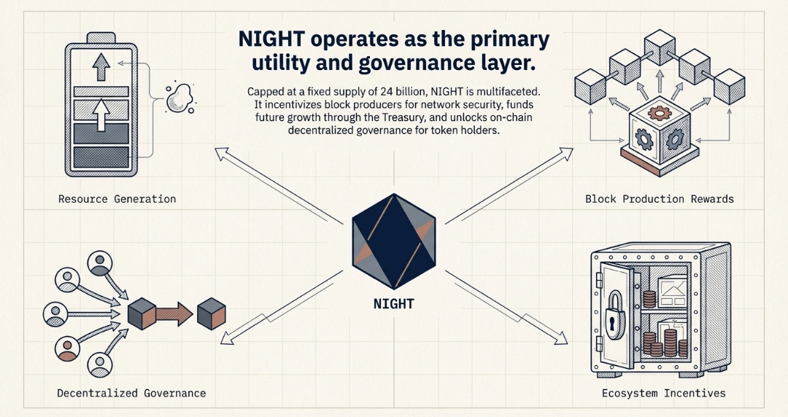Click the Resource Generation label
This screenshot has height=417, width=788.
(117, 199)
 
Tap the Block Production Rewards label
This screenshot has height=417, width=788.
(659, 199)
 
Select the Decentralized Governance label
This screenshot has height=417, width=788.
(131, 393)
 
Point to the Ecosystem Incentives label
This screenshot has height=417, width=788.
(664, 393)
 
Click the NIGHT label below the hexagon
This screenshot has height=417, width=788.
(393, 303)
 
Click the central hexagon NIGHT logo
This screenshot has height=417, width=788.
(393, 241)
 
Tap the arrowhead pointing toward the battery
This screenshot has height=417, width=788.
(220, 151)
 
